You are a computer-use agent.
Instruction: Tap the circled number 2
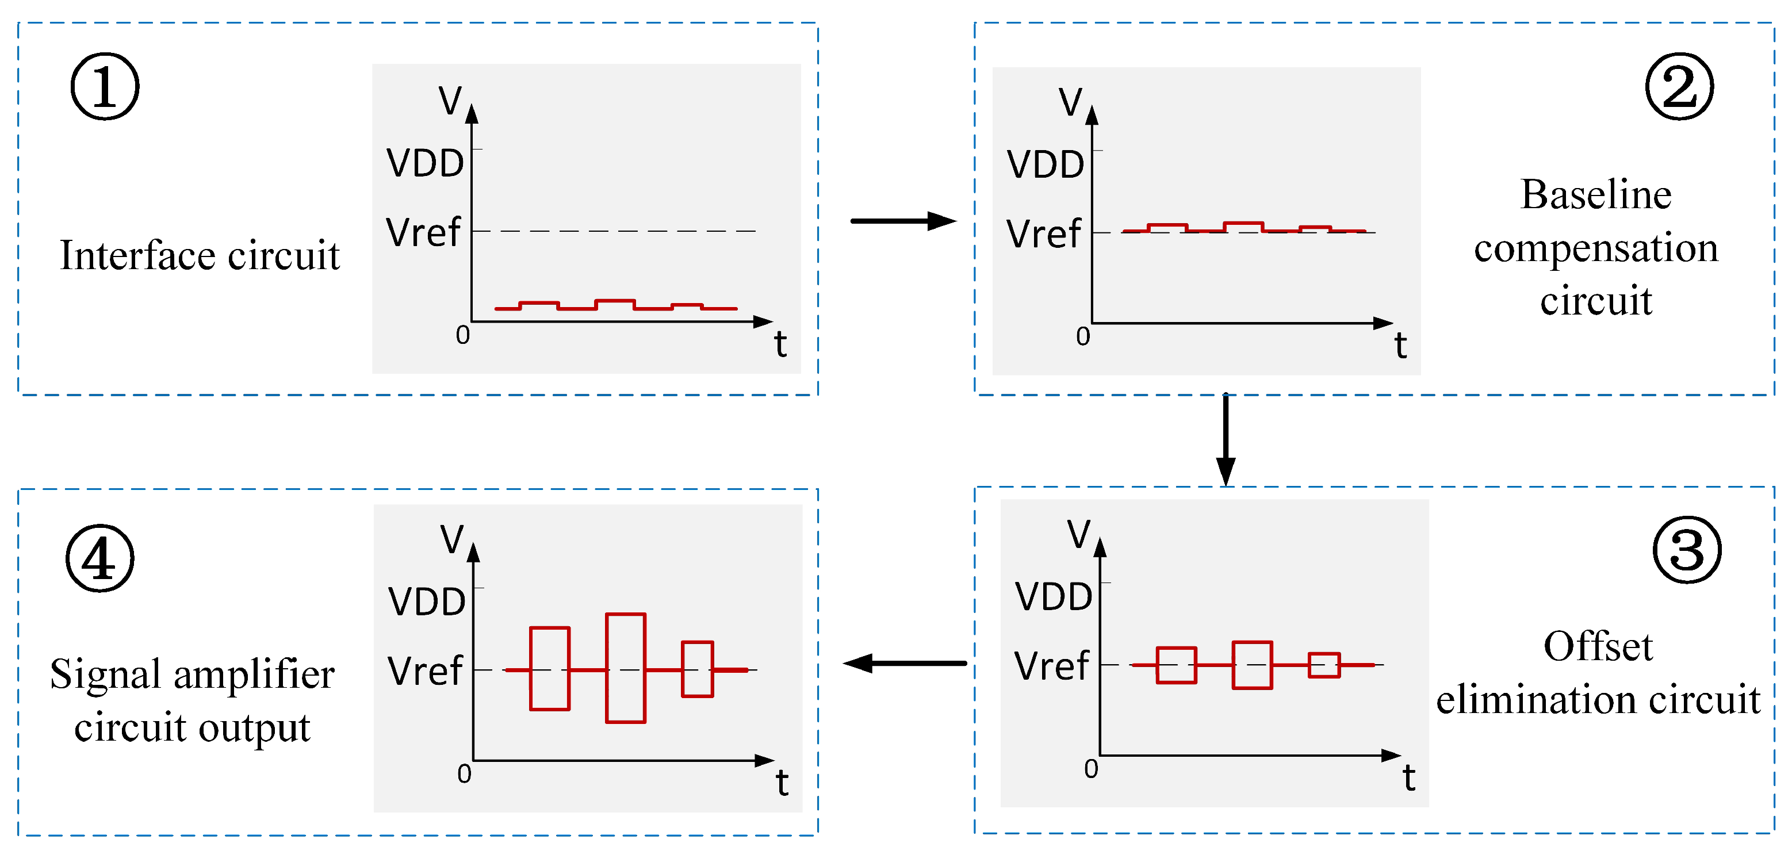tap(1679, 87)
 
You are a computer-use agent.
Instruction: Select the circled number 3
tap(1686, 550)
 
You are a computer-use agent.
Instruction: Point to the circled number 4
tap(99, 558)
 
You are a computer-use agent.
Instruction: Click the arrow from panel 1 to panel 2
tap(902, 221)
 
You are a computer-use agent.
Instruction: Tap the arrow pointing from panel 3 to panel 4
tap(905, 663)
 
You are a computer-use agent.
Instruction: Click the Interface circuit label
tap(200, 255)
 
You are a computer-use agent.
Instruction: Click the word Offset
tap(1598, 646)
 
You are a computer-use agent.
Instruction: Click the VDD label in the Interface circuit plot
tap(425, 163)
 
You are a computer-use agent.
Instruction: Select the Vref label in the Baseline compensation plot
tap(1043, 233)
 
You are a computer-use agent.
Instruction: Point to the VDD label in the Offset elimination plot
tap(1053, 597)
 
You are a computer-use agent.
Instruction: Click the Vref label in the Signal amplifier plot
tap(424, 671)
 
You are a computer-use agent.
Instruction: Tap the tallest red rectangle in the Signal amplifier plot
tap(625, 668)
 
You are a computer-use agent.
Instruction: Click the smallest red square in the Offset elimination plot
tap(1324, 665)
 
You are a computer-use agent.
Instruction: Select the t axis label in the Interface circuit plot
tap(780, 344)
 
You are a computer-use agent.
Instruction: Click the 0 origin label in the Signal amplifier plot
tap(464, 773)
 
